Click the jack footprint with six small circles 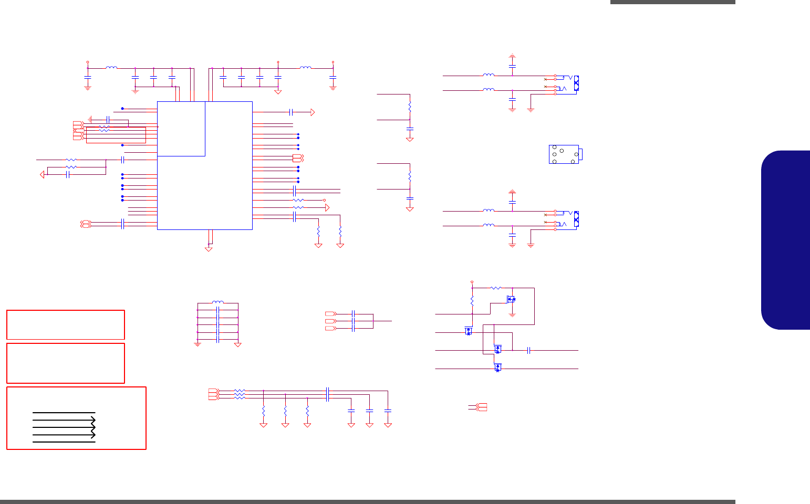click(564, 154)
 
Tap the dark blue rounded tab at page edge click(785, 240)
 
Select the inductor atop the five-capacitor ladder click(217, 302)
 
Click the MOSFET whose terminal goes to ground click(510, 299)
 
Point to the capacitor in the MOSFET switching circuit click(529, 350)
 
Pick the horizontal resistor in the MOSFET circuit click(496, 288)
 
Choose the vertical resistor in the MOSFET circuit click(472, 301)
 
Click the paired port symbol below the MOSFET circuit click(480, 407)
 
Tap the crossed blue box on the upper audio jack click(576, 83)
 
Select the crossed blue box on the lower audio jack click(576, 218)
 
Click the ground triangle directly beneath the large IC click(209, 249)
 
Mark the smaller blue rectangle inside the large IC click(181, 129)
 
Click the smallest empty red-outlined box click(65, 325)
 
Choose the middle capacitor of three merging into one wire click(354, 321)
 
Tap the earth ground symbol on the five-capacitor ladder click(198, 344)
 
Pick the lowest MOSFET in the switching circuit click(497, 367)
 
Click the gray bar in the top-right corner click(672, 2)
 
